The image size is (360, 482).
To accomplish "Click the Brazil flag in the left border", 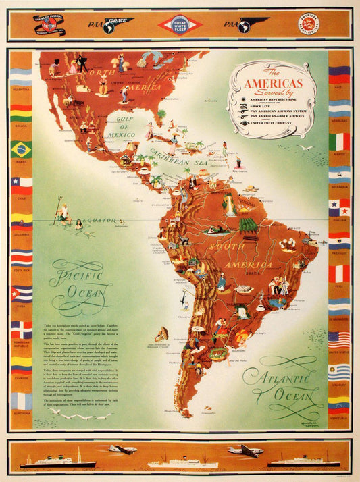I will point(21,149).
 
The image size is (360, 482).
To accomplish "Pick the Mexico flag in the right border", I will point(339,142).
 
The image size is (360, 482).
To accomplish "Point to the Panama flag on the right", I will point(339,207).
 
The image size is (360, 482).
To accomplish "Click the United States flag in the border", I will point(339,339).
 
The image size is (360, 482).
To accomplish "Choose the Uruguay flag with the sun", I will point(339,372).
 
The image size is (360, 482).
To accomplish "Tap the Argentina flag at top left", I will point(21,76).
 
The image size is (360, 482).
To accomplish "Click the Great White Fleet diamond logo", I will point(180,25).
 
